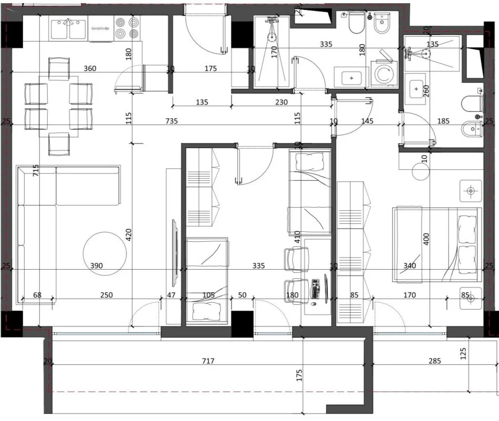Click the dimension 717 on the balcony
[x=210, y=361]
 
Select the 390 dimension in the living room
[x=96, y=266]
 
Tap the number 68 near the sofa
[x=37, y=295]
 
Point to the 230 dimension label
[x=281, y=102]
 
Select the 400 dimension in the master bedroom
[x=426, y=240]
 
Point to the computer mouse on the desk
[x=314, y=304]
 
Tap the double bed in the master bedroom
[x=436, y=244]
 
